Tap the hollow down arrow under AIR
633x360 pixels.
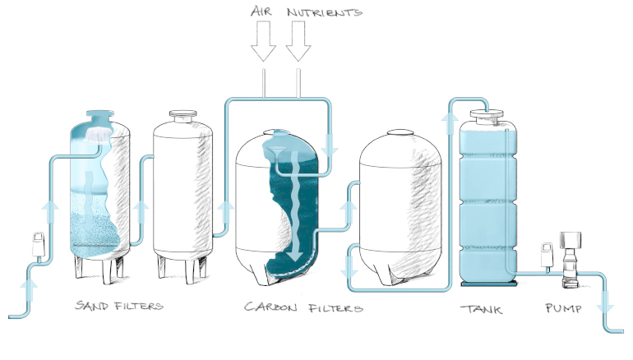pyautogui.click(x=263, y=42)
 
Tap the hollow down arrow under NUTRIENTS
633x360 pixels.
pyautogui.click(x=299, y=42)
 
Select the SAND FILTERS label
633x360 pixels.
pyautogui.click(x=118, y=307)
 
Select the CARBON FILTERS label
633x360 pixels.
pyautogui.click(x=303, y=308)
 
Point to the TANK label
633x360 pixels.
pyautogui.click(x=481, y=309)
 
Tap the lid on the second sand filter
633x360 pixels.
pyautogui.click(x=182, y=116)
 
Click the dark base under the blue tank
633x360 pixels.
pyautogui.click(x=488, y=284)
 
